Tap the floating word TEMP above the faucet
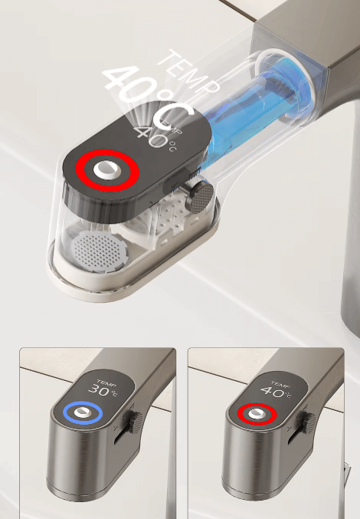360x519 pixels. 189,72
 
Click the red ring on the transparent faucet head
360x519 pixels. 107,170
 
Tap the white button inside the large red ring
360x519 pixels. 107,169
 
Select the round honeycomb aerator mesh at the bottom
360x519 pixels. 99,251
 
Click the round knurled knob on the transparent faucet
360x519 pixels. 199,198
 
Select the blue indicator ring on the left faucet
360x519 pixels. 83,413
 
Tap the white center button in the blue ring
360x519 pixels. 82,412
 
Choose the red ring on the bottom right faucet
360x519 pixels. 257,414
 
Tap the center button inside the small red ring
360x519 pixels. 257,413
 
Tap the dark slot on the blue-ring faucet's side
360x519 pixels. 121,434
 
